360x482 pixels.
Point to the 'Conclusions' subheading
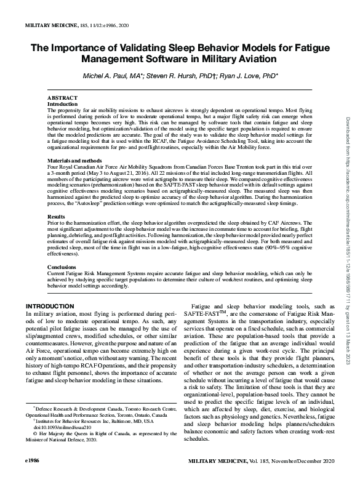coord(63,267)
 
